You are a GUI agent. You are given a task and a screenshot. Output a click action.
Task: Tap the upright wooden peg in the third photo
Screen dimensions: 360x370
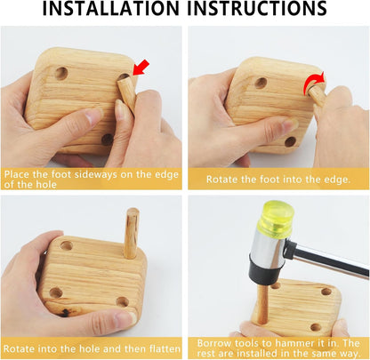(132, 234)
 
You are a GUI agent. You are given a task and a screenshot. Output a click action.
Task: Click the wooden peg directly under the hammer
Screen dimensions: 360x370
(261, 303)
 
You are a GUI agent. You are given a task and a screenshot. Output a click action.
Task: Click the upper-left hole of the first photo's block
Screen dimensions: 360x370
(60, 72)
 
